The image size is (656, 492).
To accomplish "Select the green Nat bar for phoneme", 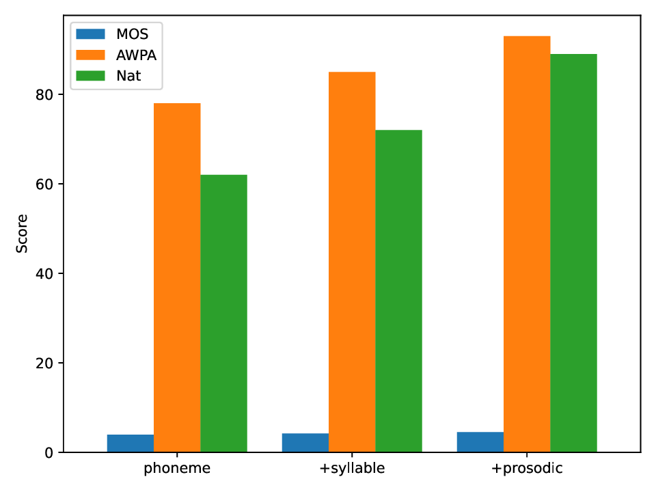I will click(x=223, y=314).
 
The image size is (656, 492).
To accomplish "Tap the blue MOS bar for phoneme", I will click(x=131, y=443).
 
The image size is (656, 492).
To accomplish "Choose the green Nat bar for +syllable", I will click(x=398, y=291).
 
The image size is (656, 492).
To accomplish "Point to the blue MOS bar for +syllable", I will click(x=305, y=443).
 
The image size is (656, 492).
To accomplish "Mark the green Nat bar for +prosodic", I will click(x=573, y=253).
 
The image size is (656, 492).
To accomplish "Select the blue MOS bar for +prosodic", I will click(x=480, y=442).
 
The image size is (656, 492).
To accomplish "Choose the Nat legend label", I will click(x=128, y=76).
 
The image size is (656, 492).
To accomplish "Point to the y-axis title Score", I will click(x=23, y=234).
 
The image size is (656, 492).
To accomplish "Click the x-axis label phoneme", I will click(x=177, y=469).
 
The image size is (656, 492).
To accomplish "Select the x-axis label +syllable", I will click(x=352, y=469).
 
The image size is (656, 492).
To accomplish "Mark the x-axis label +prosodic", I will click(x=527, y=469).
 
